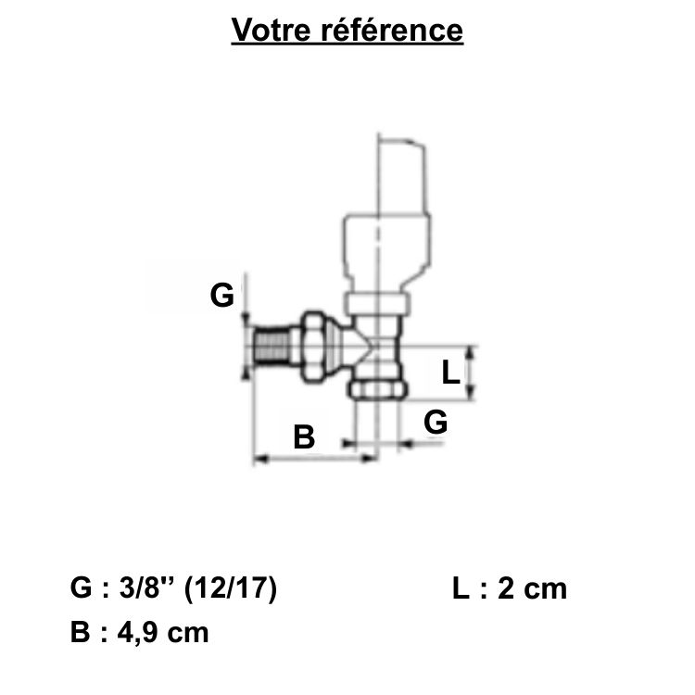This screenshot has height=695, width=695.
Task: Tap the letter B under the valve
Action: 304,436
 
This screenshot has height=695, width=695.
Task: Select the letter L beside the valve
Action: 450,373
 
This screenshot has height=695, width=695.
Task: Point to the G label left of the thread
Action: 221,296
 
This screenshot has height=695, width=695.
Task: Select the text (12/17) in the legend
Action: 231,588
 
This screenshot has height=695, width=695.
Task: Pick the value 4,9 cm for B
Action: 158,633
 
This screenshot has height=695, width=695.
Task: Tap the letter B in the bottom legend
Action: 80,633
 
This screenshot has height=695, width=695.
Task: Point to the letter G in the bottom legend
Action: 81,588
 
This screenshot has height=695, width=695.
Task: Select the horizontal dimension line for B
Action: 315,457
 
